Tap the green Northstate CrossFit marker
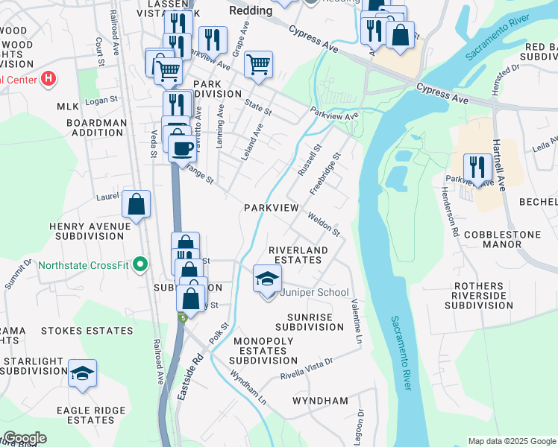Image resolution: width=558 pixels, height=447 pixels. (x=139, y=264)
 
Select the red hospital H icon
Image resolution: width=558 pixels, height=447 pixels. (x=48, y=78)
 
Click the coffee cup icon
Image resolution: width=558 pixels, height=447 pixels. (x=182, y=148)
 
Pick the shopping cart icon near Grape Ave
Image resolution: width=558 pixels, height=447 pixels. (x=258, y=65)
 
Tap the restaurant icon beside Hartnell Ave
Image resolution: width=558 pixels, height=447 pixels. (x=477, y=167)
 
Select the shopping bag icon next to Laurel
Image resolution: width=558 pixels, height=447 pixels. (x=137, y=204)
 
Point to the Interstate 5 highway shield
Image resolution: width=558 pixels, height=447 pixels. (x=182, y=318)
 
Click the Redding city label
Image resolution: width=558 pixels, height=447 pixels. (x=251, y=11)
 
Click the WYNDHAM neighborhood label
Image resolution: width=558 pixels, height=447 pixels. (x=320, y=401)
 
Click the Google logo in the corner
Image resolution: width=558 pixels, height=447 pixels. (x=25, y=438)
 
